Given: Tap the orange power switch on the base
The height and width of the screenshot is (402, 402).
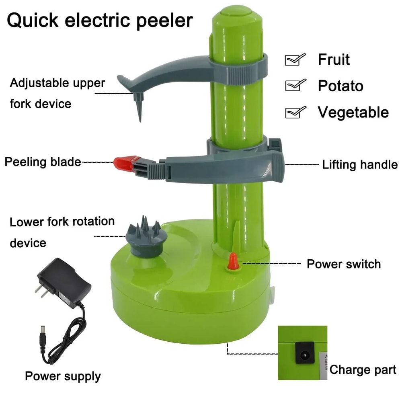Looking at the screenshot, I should [232, 262].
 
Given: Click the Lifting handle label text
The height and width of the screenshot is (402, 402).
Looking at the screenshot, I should [360, 165].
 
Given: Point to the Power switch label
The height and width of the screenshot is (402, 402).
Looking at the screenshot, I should [344, 264].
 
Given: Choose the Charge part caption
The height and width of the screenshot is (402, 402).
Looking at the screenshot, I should [363, 370].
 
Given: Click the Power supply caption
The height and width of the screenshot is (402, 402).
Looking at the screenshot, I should [63, 376].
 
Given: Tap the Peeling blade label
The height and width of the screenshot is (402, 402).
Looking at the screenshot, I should [43, 162].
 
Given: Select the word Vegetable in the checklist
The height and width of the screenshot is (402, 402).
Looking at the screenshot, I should [353, 112].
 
